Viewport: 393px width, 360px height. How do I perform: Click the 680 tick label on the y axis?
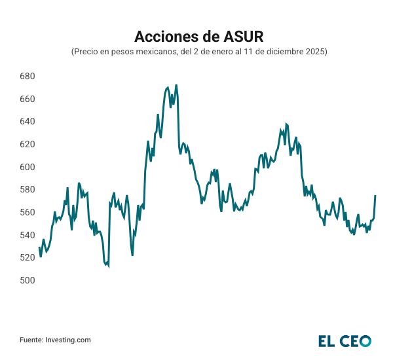(27, 77)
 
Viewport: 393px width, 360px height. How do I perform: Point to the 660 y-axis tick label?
(27, 99)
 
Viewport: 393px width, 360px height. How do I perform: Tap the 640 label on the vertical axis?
(27, 122)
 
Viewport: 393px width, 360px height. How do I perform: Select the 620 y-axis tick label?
(27, 145)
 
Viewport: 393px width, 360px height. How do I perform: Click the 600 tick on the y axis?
(27, 168)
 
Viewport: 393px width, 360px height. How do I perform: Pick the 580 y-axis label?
(27, 190)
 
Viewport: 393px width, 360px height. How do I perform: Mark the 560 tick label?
(27, 213)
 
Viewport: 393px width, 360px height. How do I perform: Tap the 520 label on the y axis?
(27, 258)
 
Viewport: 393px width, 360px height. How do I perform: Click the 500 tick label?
(27, 281)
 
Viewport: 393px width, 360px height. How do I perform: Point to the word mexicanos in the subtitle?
(156, 51)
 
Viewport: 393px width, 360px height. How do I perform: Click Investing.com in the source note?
(68, 340)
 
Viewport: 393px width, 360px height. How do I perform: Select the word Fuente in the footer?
(31, 340)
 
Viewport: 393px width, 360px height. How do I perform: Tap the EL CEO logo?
(345, 340)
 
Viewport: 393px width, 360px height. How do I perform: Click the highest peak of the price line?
(176, 85)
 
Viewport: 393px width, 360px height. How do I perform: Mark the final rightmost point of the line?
(375, 196)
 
